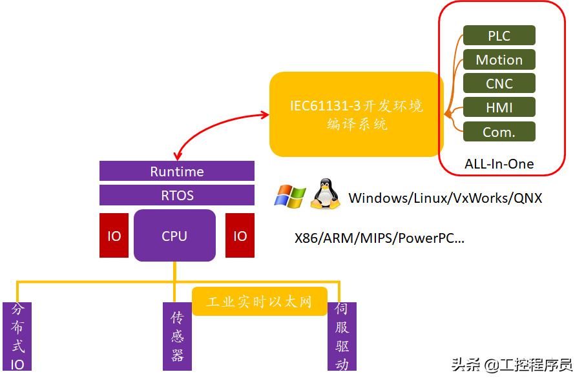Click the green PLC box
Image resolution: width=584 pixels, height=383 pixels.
(499, 36)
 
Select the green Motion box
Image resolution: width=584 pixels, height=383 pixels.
(499, 60)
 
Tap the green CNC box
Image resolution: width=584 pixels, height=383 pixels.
(499, 84)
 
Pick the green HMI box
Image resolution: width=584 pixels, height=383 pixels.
(499, 108)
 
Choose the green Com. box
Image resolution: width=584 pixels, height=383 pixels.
(499, 132)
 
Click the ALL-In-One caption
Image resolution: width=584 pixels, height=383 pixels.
(499, 163)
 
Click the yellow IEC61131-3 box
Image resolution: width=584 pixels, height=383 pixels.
(357, 114)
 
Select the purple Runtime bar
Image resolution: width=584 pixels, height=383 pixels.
(177, 172)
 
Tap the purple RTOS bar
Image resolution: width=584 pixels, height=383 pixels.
(177, 195)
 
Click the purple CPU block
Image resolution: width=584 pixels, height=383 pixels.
(174, 236)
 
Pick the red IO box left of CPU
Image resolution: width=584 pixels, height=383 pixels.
(114, 236)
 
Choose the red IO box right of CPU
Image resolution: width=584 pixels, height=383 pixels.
(240, 236)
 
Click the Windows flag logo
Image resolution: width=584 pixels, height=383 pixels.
(289, 196)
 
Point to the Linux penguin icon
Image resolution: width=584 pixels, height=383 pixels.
(326, 194)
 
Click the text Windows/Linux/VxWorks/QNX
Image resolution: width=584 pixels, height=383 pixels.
(445, 198)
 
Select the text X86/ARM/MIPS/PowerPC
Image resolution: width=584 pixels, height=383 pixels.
(379, 238)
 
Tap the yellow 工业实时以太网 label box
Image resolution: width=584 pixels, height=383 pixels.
(259, 302)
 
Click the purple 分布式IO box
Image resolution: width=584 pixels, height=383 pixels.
(17, 336)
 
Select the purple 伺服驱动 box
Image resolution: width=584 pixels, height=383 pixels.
(342, 336)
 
